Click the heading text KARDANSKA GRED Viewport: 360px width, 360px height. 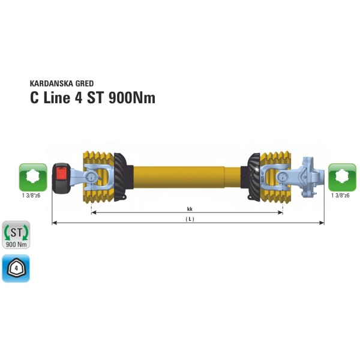(x=61, y=83)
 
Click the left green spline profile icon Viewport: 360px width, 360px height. (x=33, y=177)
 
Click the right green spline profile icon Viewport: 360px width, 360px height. (x=343, y=177)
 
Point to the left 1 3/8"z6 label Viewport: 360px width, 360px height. (x=32, y=196)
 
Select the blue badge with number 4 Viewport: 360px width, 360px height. (x=16, y=268)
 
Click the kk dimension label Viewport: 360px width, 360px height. (x=190, y=209)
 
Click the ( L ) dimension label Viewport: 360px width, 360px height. (x=190, y=219)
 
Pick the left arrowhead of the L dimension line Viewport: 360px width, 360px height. (x=54, y=223)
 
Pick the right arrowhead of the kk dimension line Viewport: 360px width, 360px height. (x=281, y=212)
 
